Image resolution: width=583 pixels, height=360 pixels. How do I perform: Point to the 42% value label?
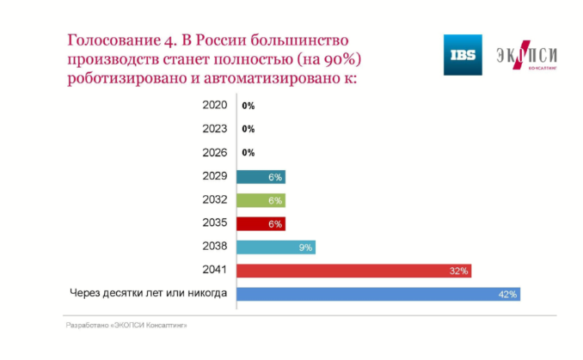(x=507, y=295)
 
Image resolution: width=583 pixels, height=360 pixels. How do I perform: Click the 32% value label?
(x=458, y=272)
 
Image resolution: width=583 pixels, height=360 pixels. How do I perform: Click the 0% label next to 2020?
(x=249, y=107)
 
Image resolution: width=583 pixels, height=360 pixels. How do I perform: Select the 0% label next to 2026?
(x=249, y=153)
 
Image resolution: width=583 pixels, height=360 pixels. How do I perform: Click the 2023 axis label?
(x=214, y=129)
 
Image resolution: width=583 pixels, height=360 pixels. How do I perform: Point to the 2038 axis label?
(x=214, y=246)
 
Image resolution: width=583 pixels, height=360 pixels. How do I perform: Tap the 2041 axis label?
(x=214, y=269)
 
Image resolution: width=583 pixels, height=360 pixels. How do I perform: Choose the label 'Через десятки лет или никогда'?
(x=148, y=293)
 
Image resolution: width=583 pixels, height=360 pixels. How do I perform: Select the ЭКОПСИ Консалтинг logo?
(x=527, y=57)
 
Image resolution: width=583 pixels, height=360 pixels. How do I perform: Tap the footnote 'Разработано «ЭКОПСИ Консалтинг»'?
(x=126, y=326)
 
